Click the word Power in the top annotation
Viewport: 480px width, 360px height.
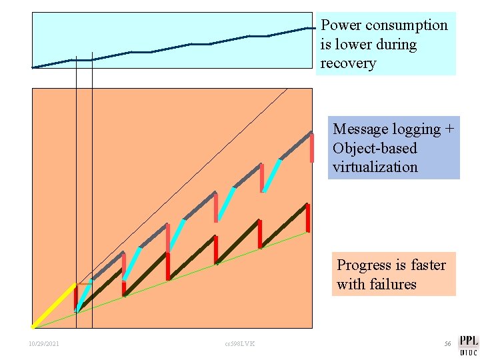[341, 25]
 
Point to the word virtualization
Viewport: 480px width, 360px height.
[375, 167]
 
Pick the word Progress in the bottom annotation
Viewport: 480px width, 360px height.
[363, 265]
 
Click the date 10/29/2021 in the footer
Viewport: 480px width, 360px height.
[44, 344]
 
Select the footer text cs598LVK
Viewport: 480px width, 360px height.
[239, 344]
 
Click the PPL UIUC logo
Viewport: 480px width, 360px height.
[468, 345]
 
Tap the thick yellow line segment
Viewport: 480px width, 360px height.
[53, 306]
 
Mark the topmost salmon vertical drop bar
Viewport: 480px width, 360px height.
[311, 148]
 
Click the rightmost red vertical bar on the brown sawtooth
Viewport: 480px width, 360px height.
[307, 218]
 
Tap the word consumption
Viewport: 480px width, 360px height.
[407, 25]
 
